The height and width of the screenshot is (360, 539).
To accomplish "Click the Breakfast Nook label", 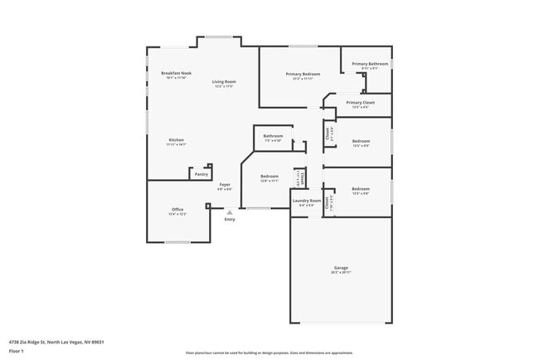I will [177, 73].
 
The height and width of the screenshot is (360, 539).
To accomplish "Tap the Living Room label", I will [224, 81].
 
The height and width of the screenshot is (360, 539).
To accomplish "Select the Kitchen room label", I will [177, 139].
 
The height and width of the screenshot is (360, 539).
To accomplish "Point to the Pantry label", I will [202, 174].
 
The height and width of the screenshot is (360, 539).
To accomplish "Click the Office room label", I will [177, 209].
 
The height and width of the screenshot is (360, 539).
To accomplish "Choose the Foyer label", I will [225, 184].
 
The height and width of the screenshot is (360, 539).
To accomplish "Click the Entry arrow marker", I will [230, 212].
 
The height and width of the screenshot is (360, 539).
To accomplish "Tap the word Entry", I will [230, 219].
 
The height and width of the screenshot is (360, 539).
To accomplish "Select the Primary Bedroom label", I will [303, 75].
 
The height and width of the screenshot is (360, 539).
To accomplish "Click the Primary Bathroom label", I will [370, 64].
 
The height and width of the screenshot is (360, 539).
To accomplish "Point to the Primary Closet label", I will [361, 102].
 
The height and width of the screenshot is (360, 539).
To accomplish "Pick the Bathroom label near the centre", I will [274, 136].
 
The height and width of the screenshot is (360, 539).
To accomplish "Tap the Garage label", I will [341, 267].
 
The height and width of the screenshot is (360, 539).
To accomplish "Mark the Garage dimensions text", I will [341, 272].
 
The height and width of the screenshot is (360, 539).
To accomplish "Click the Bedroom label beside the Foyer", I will [269, 176].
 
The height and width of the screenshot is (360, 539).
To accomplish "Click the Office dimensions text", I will [177, 214].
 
